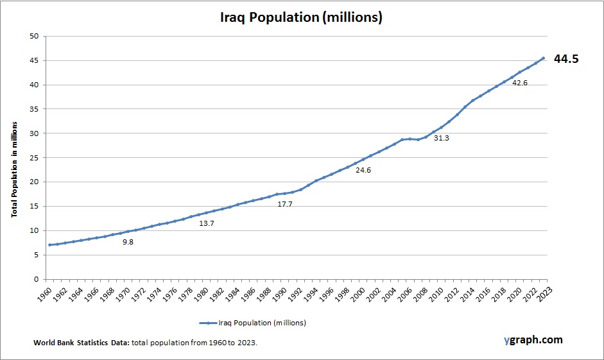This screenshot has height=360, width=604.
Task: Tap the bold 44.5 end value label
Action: click(x=566, y=59)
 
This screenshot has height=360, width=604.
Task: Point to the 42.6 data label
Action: click(x=519, y=83)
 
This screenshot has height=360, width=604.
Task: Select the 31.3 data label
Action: click(x=441, y=138)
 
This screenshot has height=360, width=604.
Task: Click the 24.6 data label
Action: click(x=363, y=170)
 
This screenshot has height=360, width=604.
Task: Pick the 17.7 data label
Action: click(x=285, y=204)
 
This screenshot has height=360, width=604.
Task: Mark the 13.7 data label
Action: click(x=207, y=223)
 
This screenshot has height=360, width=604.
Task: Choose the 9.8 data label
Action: click(x=128, y=242)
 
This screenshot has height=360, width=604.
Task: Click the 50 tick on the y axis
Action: click(x=33, y=36)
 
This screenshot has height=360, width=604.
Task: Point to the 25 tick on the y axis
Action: click(x=33, y=158)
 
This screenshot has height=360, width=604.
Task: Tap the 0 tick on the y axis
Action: click(x=36, y=279)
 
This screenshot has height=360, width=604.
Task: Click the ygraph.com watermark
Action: click(x=533, y=340)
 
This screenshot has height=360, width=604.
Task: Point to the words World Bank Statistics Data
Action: click(x=82, y=343)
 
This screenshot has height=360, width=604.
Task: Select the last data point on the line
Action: click(x=543, y=58)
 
